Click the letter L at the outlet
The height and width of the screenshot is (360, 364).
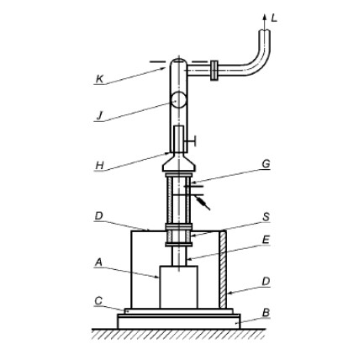[x=274, y=19]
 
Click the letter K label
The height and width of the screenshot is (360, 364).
[x=100, y=79]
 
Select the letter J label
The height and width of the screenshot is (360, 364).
[x=99, y=116]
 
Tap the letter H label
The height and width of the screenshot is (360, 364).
[x=100, y=166]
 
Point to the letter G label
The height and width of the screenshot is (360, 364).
[x=266, y=164]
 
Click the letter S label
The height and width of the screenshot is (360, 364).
[x=266, y=217]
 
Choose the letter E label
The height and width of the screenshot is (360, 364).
[x=266, y=240]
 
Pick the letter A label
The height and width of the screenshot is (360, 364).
[x=98, y=262]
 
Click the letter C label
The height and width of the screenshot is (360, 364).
[x=98, y=301]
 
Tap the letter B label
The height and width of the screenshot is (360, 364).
[x=266, y=313]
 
